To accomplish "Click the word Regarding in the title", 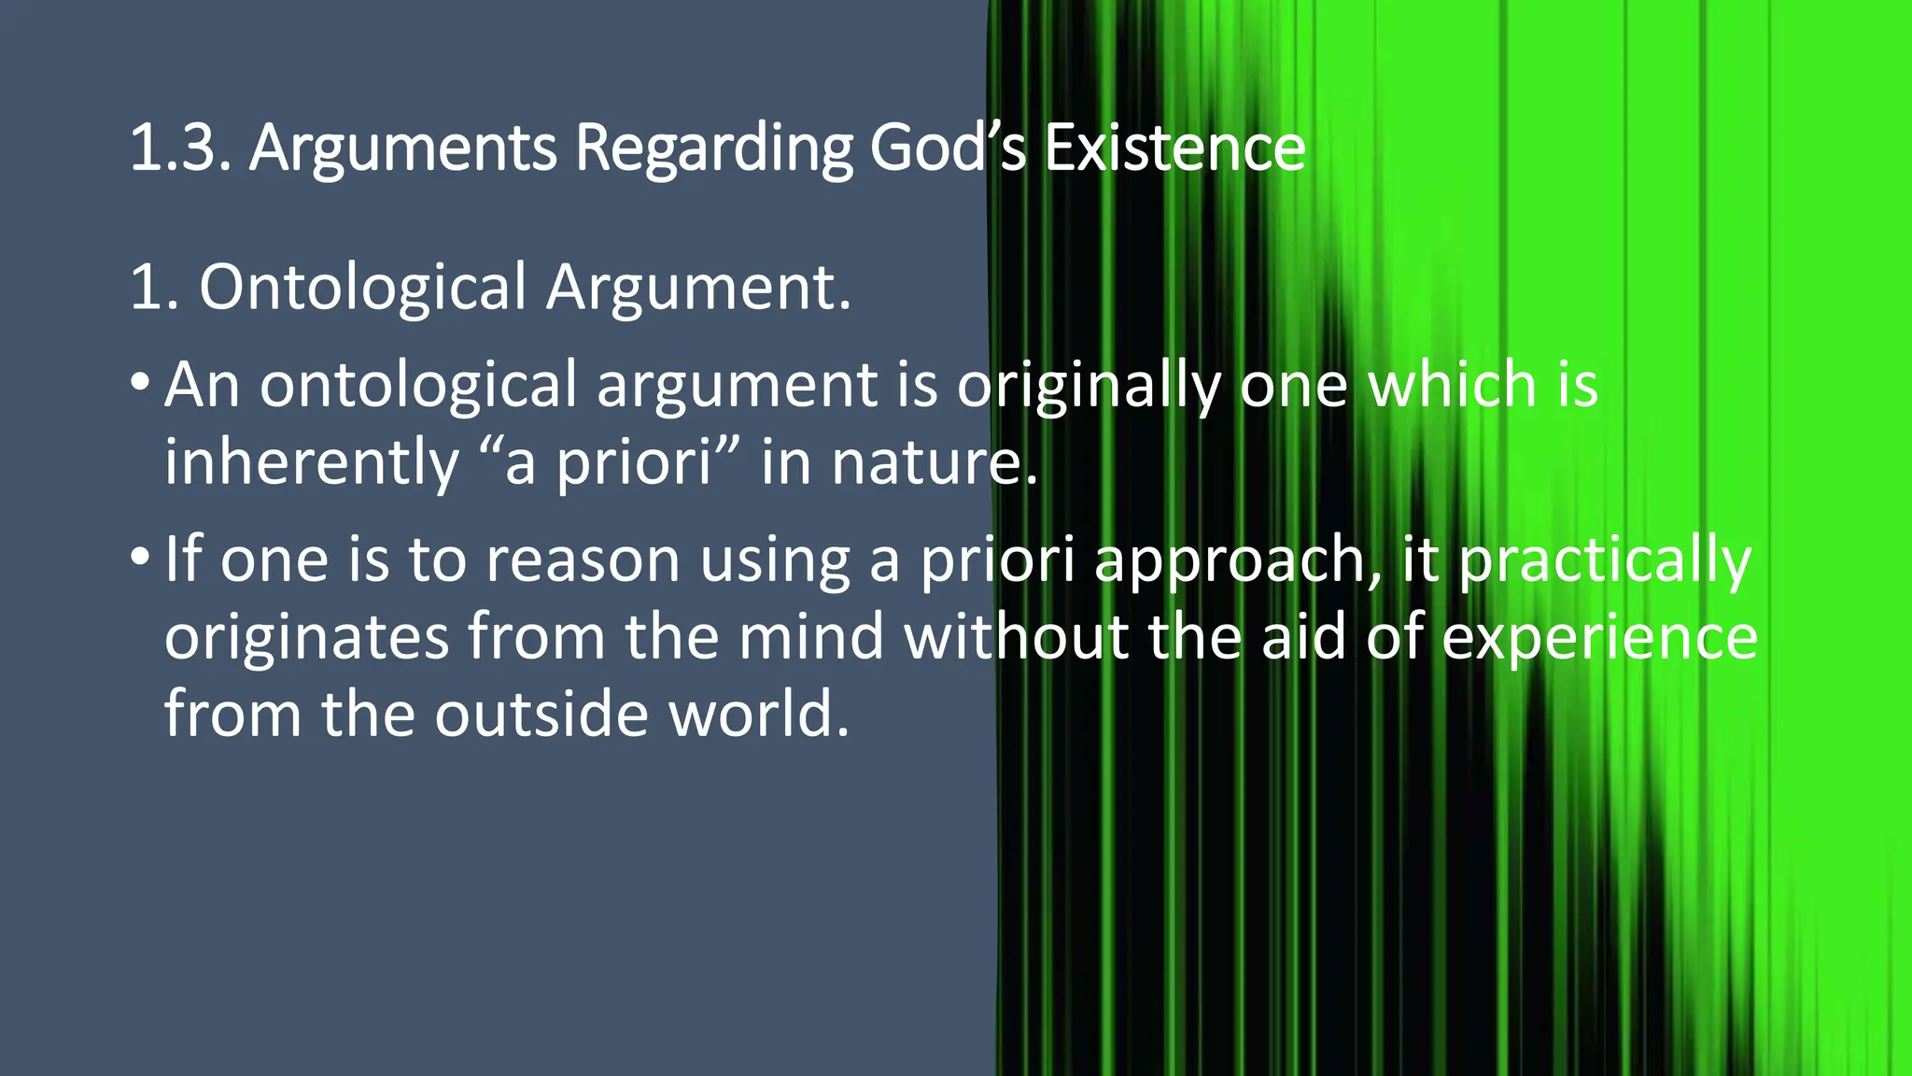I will [x=712, y=149].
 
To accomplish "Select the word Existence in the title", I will [x=1174, y=148].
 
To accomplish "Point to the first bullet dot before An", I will [x=139, y=382].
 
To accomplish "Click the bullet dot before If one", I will [x=139, y=557].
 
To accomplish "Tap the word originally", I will [x=1089, y=386].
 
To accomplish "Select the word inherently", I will [x=311, y=462].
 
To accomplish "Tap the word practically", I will [x=1605, y=561].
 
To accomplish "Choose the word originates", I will [x=307, y=638].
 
